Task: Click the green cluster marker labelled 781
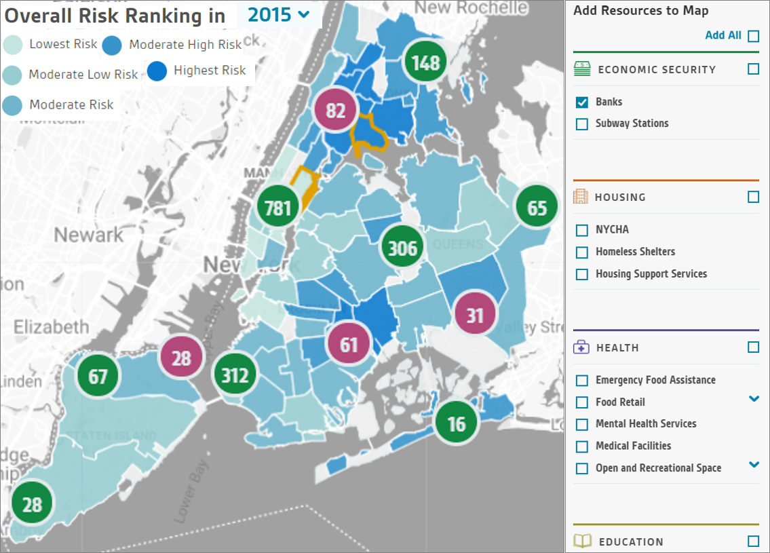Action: (278, 207)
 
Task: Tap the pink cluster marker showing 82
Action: (336, 110)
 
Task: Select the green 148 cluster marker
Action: (425, 63)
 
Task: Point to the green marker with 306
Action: (402, 248)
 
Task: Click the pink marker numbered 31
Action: (475, 315)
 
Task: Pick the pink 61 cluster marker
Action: (349, 344)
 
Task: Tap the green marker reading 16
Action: (457, 424)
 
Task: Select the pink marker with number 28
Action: (181, 358)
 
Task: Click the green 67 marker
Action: (98, 375)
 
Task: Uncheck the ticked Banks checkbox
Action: (581, 102)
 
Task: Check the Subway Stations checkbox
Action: (581, 124)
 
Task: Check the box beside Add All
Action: (753, 36)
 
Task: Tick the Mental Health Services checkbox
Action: (581, 425)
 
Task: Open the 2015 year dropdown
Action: (278, 14)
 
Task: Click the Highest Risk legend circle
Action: (157, 71)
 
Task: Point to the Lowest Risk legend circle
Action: (12, 45)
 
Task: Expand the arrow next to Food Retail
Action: (753, 399)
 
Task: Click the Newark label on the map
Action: (89, 235)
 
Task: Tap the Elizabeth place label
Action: (51, 326)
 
